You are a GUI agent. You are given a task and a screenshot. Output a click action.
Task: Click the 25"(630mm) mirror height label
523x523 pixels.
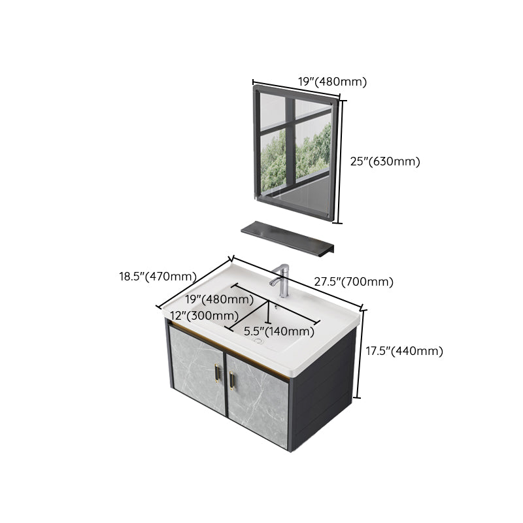(x=384, y=161)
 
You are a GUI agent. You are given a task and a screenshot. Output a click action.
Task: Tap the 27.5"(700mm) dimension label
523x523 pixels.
(x=354, y=282)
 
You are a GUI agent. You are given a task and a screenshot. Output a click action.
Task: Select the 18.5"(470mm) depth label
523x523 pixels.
(x=158, y=277)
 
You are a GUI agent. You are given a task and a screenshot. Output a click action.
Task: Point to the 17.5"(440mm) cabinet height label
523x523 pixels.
(x=404, y=351)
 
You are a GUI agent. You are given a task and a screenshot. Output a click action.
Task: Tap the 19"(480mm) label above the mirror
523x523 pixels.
(x=333, y=82)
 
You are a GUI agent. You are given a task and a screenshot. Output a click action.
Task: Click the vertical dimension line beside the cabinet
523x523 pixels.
(x=359, y=353)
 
